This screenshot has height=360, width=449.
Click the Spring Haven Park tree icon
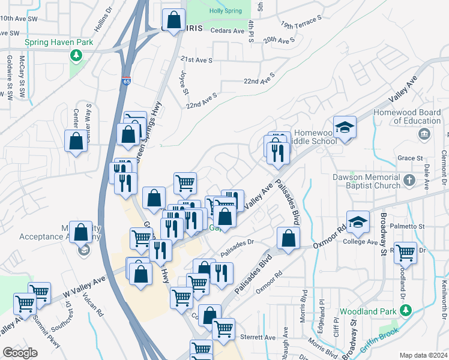coord(76,56)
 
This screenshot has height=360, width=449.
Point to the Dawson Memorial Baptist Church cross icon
coord(409,180)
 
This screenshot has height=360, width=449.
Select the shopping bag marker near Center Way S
coord(76,141)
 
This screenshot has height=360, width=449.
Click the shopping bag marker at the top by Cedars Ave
coord(173,20)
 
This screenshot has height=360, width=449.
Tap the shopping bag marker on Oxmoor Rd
coord(289,238)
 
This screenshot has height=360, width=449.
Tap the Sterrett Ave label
coord(257,337)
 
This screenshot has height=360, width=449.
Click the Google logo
coord(20,353)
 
